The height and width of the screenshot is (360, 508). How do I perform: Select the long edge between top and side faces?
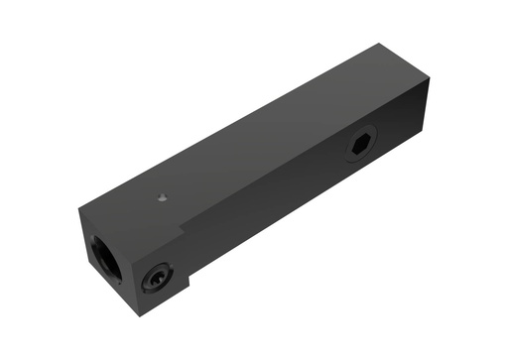tap(298, 149)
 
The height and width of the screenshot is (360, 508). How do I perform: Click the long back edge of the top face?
tap(228, 123)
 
